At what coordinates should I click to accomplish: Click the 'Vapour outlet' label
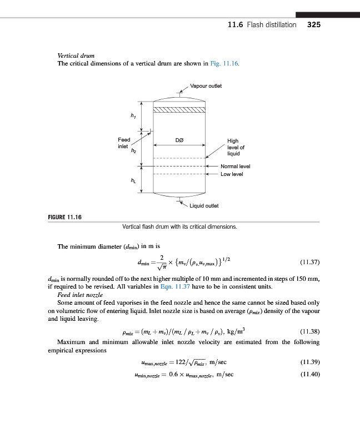(206, 86)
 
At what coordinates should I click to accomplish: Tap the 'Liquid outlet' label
(204, 205)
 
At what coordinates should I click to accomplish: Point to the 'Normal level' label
(236, 166)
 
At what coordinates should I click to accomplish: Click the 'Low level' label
(232, 174)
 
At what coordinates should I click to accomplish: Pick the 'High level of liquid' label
(236, 147)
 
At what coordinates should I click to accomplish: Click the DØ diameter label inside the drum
(179, 140)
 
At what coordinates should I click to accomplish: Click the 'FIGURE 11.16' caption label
(62, 216)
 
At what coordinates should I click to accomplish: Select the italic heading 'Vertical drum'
(76, 56)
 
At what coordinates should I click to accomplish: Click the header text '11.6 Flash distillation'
(262, 25)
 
